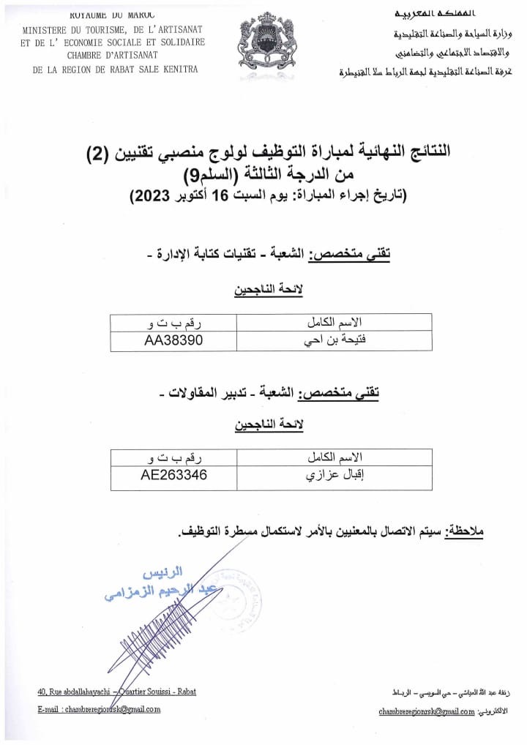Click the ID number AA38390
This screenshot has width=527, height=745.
[x=173, y=340]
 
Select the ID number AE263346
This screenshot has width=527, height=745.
[x=174, y=475]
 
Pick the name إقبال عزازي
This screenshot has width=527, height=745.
[x=334, y=476]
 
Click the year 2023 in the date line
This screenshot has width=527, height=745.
[x=151, y=196]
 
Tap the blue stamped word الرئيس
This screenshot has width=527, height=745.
[x=162, y=571]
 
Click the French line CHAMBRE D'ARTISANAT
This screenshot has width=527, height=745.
[x=113, y=55]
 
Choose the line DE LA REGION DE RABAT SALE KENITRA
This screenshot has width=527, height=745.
[x=116, y=69]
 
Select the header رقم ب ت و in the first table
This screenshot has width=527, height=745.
[x=173, y=322]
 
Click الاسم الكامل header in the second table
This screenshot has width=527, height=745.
[x=334, y=457]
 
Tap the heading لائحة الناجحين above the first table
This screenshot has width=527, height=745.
[x=268, y=290]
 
